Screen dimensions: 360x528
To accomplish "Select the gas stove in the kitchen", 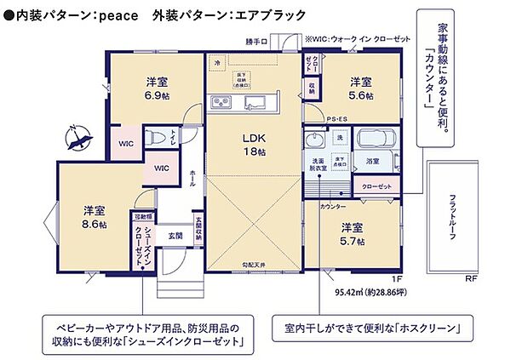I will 221,102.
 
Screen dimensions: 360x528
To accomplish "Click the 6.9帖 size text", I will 155,96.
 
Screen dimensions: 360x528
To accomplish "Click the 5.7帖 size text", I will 352,242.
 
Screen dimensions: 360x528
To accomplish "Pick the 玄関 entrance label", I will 175,234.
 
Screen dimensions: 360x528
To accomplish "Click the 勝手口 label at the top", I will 255,41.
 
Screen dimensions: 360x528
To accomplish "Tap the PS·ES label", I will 338,118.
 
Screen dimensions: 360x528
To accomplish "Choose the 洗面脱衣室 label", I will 317,164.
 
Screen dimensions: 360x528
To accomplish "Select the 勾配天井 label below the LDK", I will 254,266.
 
